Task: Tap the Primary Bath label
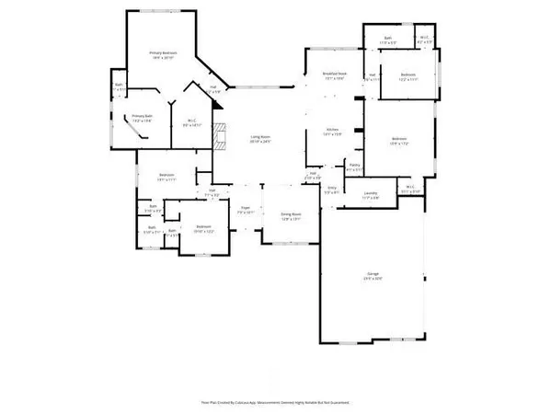tap(141, 119)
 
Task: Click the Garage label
tap(372, 275)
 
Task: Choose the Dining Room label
tap(292, 215)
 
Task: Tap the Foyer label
tap(247, 210)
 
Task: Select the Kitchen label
tap(333, 132)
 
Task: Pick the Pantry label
tap(354, 167)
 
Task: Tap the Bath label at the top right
tap(387, 40)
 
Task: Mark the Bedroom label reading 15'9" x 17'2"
tap(396, 144)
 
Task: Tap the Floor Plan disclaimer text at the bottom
tap(276, 402)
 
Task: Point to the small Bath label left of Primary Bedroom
tap(119, 87)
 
